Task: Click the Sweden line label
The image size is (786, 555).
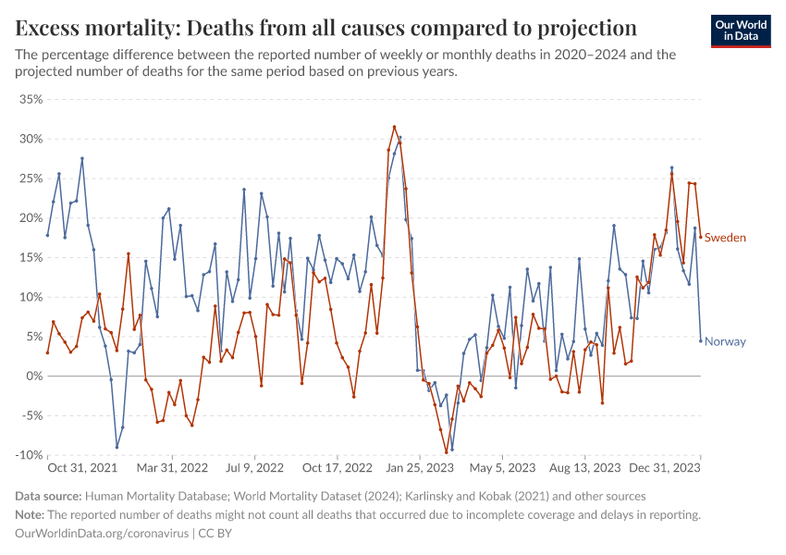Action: pyautogui.click(x=725, y=238)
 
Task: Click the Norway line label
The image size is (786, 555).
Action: pyautogui.click(x=725, y=341)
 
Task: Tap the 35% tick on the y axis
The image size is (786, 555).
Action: pyautogui.click(x=31, y=99)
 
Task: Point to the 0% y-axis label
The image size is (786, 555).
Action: pyautogui.click(x=34, y=376)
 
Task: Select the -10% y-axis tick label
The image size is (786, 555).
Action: pyautogui.click(x=29, y=455)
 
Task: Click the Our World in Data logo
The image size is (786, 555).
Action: pyautogui.click(x=740, y=30)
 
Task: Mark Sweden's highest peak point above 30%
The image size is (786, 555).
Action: pyautogui.click(x=394, y=127)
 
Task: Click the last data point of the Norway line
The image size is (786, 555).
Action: pyautogui.click(x=700, y=340)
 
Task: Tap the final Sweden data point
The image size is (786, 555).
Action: pyautogui.click(x=700, y=237)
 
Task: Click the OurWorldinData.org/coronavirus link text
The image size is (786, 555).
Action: pyautogui.click(x=102, y=534)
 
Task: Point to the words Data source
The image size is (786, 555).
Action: pyautogui.click(x=49, y=497)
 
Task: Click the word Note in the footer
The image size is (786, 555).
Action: pyautogui.click(x=30, y=515)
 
